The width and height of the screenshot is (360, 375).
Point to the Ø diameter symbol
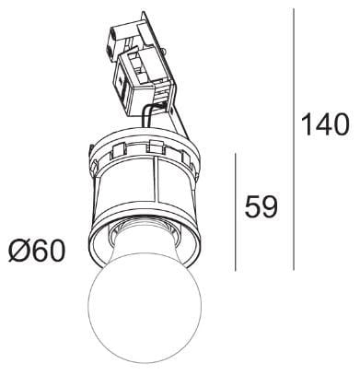[x=17, y=250]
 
